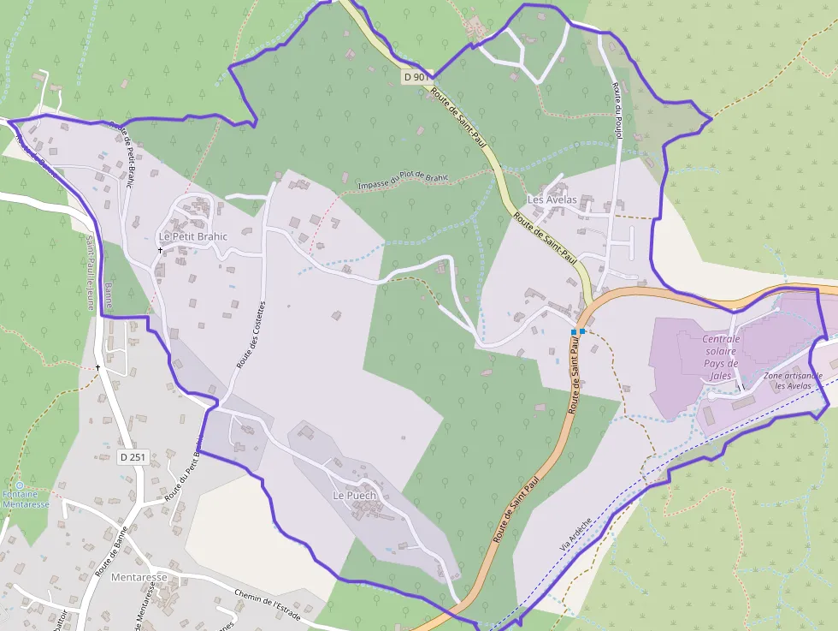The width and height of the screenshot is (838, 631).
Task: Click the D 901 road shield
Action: pos(416,77)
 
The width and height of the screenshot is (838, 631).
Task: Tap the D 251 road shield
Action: pos(133,457)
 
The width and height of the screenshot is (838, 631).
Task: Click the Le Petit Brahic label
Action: pos(193,236)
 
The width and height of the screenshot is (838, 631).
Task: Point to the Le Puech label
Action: pos(355,495)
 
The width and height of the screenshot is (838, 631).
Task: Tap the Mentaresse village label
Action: pos(139,577)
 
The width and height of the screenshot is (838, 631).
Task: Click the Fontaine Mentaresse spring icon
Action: pos(20,485)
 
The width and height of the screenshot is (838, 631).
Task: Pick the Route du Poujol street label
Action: pos(617,110)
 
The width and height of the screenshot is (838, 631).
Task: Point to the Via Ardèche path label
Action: pos(575,533)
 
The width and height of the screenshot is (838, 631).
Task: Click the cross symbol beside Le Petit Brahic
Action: pos(160,250)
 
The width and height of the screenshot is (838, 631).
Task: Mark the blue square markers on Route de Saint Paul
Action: pos(577,331)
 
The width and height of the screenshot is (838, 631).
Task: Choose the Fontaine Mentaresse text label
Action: pos(26,500)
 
